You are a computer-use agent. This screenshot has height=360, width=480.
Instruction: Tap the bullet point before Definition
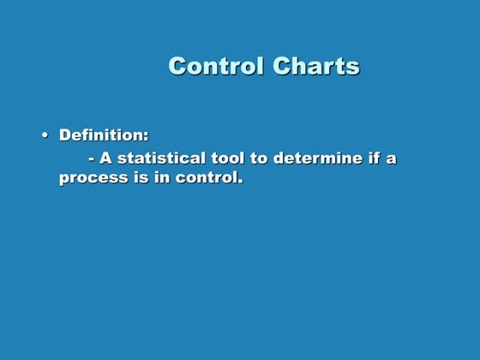44,136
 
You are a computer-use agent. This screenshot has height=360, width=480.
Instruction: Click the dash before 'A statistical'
92,159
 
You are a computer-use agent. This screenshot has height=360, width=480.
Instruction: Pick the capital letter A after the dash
106,158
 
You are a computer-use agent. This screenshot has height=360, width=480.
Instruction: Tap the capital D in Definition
64,135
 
